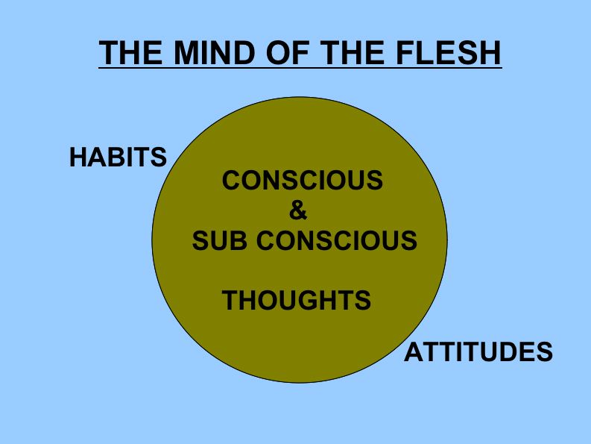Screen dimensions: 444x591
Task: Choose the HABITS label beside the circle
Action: [118, 157]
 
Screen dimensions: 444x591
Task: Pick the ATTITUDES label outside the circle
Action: [478, 351]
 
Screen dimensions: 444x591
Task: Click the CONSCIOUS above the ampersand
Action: [303, 181]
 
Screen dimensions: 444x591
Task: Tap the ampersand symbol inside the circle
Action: [297, 211]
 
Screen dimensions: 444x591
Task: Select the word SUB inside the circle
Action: [218, 240]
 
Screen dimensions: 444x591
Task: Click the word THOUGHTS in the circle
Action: [297, 300]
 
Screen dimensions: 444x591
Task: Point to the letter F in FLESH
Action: [400, 53]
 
